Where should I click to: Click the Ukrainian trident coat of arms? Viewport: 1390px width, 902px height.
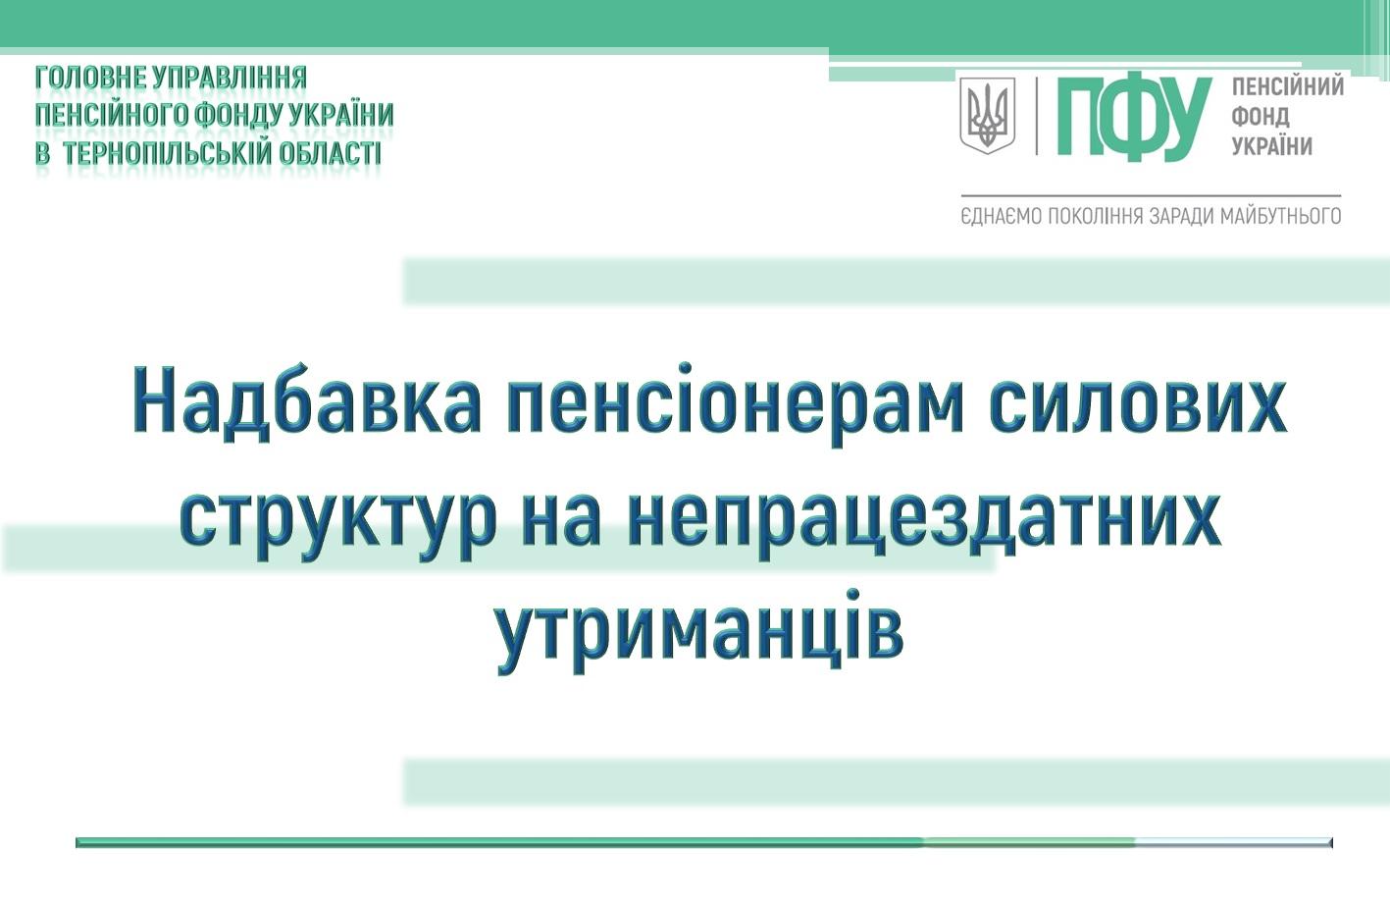click(x=988, y=116)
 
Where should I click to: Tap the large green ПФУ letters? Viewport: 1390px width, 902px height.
click(x=1134, y=118)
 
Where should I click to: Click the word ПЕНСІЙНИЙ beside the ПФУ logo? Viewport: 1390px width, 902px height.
click(x=1288, y=86)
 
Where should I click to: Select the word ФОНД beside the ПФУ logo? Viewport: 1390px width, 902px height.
click(x=1261, y=116)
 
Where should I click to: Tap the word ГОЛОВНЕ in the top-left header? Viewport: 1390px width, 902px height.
click(x=90, y=78)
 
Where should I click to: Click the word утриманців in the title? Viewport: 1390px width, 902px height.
click(x=700, y=632)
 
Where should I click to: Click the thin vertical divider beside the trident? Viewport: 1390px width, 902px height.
click(x=1036, y=116)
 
